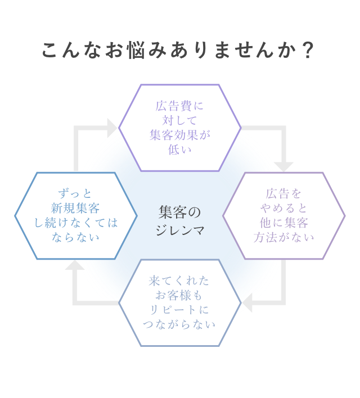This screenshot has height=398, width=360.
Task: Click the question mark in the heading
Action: [308, 51]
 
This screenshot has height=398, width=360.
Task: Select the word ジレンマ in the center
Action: [179, 230]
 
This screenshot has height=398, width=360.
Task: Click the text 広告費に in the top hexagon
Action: [179, 106]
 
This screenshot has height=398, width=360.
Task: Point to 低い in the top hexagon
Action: [179, 150]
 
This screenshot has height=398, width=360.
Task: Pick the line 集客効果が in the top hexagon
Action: [179, 135]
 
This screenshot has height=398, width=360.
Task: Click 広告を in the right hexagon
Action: [284, 193]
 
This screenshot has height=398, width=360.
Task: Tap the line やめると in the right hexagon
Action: [284, 208]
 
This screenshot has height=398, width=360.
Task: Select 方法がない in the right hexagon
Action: [284, 237]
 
